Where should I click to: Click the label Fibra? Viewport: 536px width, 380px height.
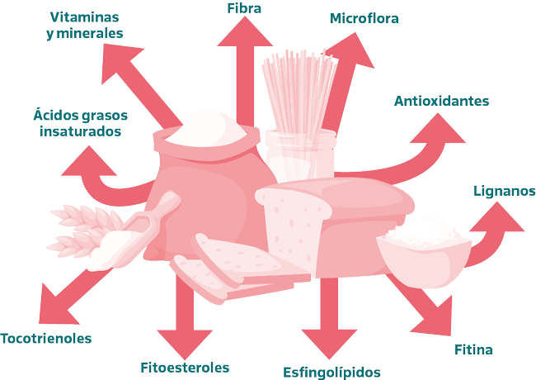coord(244,8)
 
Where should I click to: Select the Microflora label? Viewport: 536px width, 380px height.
coord(364,18)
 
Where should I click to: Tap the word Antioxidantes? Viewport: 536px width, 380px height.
coord(441,102)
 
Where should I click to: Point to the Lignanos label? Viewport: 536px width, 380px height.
coord(504,191)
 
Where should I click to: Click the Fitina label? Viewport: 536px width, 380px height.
coord(473,349)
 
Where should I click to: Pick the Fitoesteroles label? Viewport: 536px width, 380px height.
coord(184,368)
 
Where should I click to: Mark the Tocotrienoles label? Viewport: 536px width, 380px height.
coord(46,339)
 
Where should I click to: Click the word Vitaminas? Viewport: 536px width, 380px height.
coord(86,17)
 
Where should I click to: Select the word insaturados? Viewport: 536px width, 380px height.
coord(81,131)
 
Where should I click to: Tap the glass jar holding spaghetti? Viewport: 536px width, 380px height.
coord(300,153)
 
